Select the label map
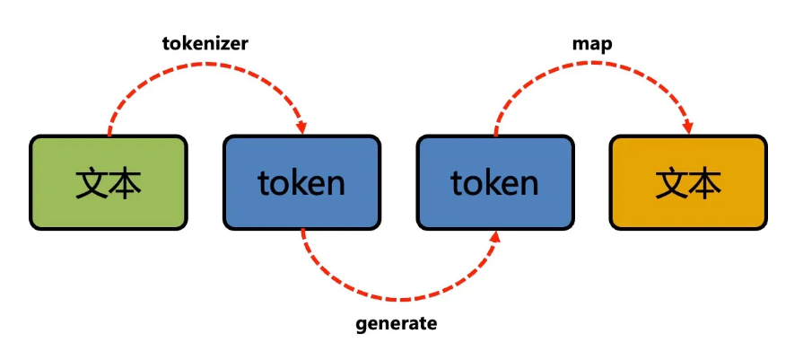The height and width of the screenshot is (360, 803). [592, 42]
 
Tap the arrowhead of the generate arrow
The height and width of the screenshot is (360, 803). [496, 236]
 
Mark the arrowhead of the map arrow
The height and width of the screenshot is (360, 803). [688, 127]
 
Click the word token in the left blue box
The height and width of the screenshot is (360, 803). [301, 183]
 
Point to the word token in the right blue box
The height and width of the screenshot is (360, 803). [495, 183]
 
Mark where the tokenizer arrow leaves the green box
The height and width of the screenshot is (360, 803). [109, 135]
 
